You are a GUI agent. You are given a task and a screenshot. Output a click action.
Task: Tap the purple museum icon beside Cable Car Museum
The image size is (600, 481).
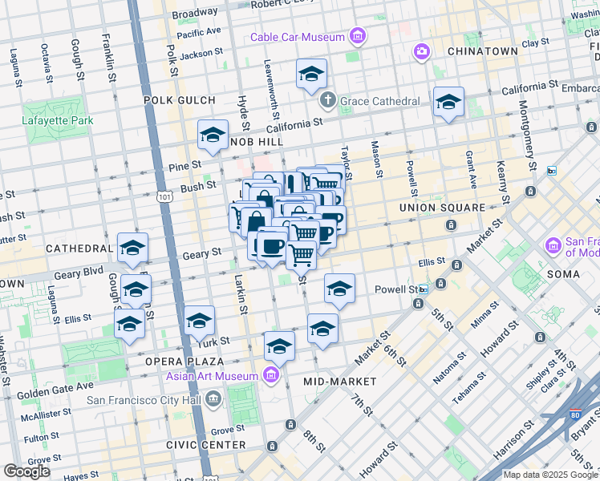[x=357, y=36]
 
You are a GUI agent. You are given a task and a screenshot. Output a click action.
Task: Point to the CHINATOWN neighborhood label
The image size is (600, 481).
[x=482, y=51]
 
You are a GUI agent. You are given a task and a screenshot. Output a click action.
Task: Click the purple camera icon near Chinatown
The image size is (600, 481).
[x=421, y=52]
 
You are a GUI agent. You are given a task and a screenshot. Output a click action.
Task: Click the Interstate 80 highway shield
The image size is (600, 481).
[x=575, y=416]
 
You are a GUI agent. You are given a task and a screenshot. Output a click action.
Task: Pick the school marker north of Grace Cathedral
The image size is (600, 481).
[x=311, y=75]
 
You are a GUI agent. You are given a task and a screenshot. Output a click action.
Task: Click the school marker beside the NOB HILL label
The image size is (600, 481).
[x=213, y=135]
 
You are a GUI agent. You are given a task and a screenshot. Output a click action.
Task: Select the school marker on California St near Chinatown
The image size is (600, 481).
[x=448, y=103]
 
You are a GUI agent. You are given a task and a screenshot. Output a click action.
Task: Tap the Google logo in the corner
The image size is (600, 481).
[x=26, y=471]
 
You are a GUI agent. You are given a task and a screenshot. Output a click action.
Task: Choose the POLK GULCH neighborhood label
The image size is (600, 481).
[x=180, y=100]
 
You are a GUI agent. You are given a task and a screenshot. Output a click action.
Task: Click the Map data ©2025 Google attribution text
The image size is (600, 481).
[x=550, y=475]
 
